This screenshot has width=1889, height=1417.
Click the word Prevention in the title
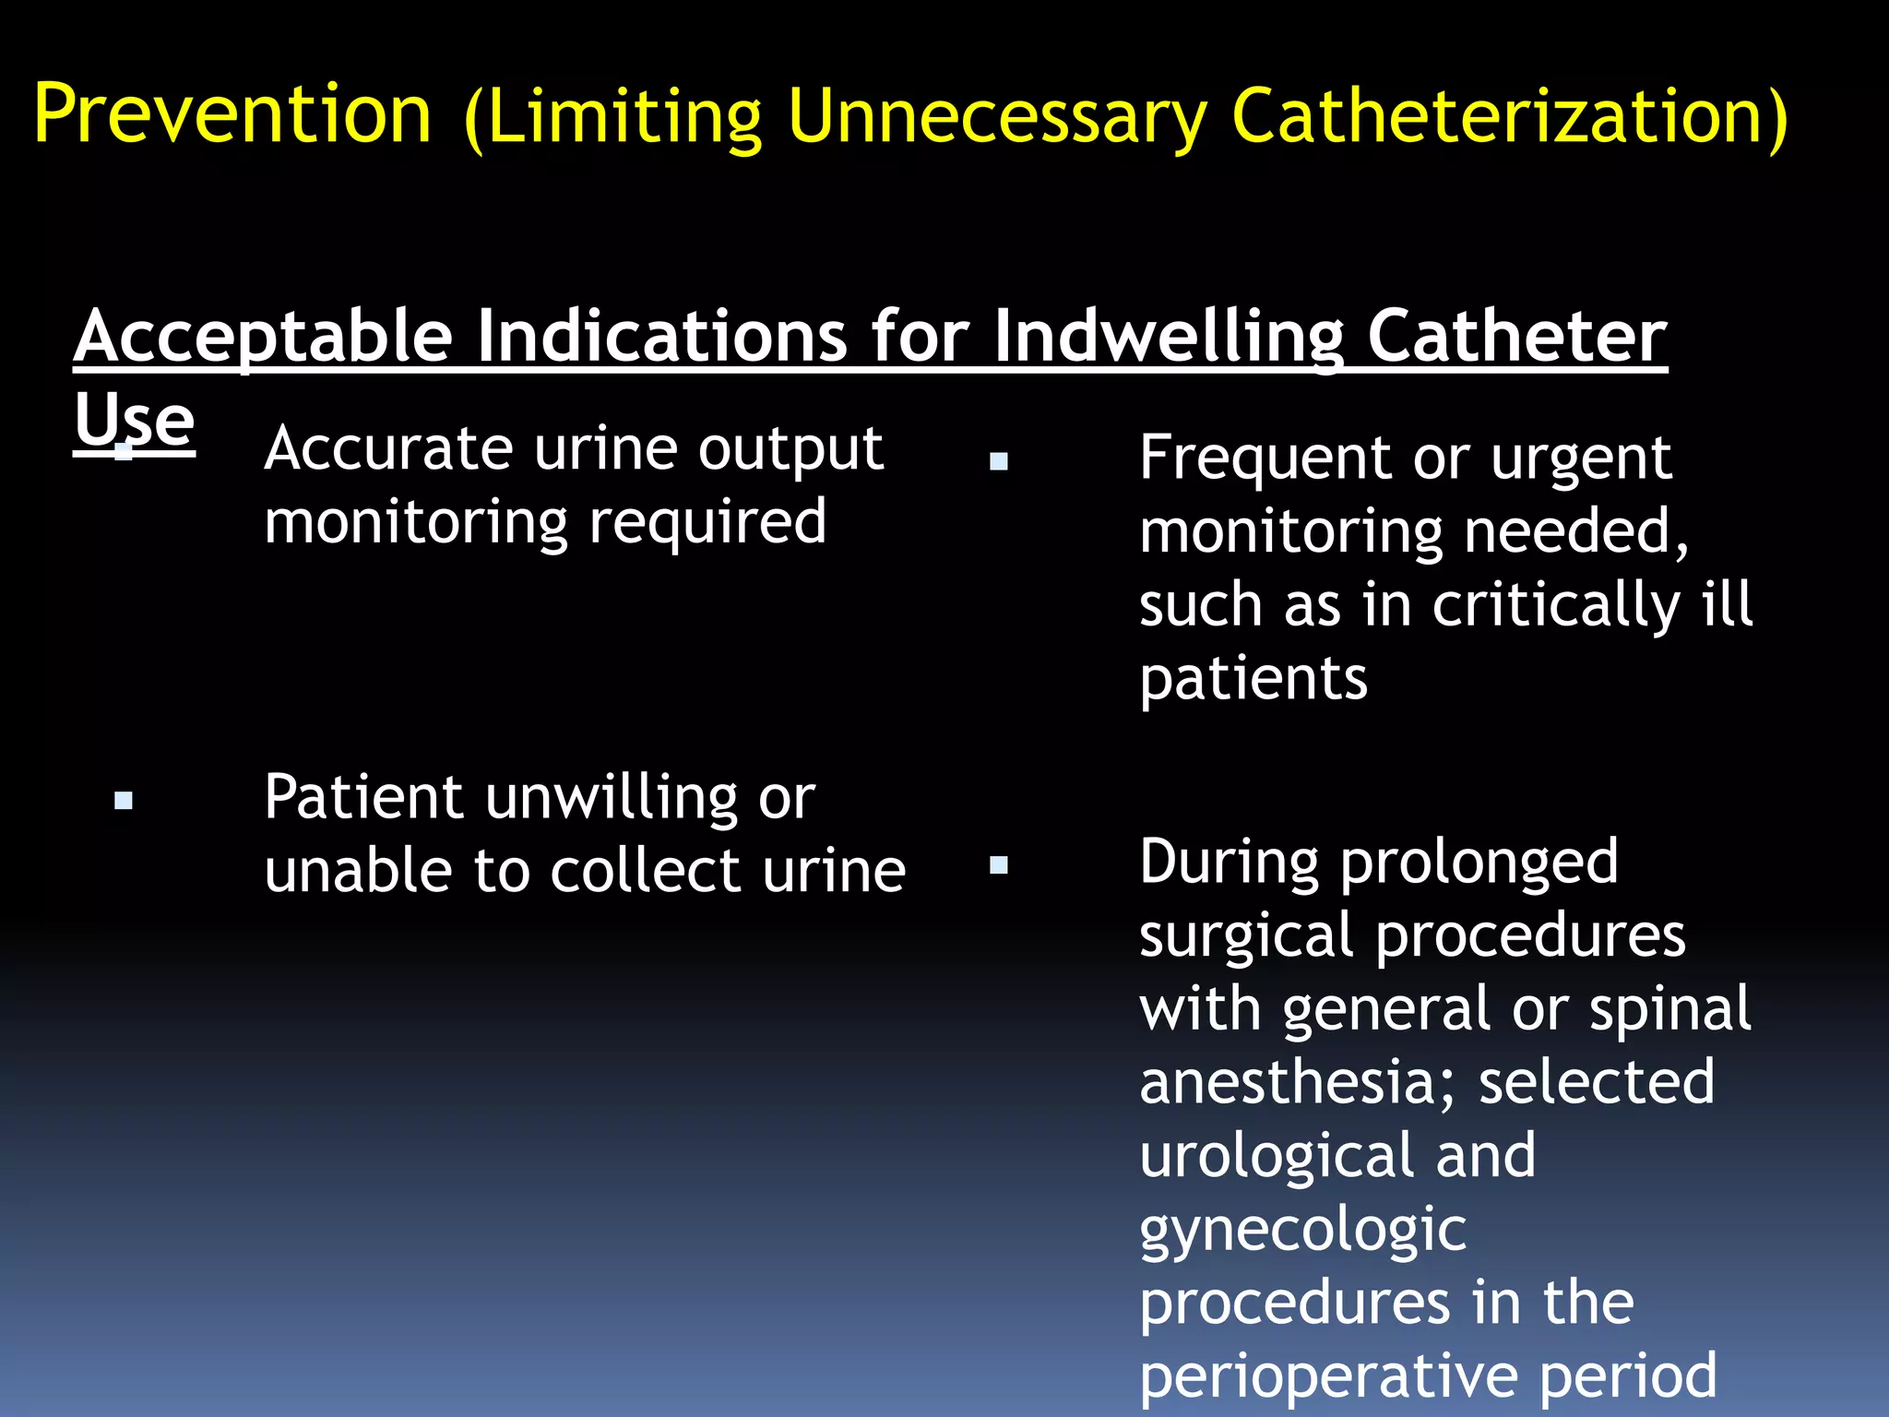coord(232,115)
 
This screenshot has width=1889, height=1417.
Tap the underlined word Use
coord(135,422)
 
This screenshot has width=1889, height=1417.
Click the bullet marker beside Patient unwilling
coord(124,801)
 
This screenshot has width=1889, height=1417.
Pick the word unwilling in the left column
coord(612,797)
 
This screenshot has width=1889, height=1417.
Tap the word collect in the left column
coord(645,871)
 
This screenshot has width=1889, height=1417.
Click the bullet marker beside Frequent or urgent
coord(998,461)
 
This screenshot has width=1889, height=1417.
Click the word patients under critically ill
coord(1253,678)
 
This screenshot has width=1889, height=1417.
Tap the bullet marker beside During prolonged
coord(998,865)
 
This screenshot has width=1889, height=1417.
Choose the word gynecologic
coord(1302,1231)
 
